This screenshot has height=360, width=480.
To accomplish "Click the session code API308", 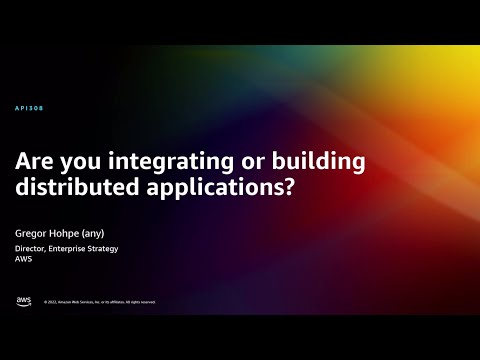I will pos(30,108).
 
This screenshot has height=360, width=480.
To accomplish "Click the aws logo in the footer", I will pos(23,301).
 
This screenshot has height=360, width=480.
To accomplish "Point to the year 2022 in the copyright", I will pos(52,302).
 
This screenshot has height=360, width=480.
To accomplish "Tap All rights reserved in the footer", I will pos(140,302).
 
